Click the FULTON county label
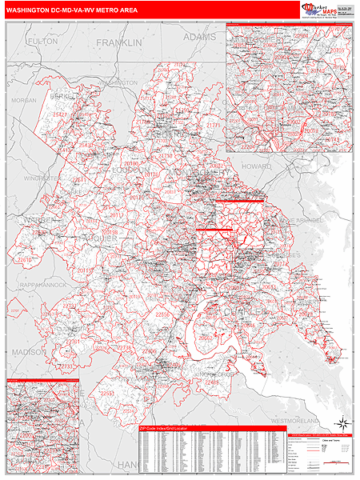coord(42,40)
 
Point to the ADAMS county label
coord(199,36)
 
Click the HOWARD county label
coord(257,166)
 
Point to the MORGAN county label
coord(24,100)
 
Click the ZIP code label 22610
coord(25,259)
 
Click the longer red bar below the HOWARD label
coord(238,202)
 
